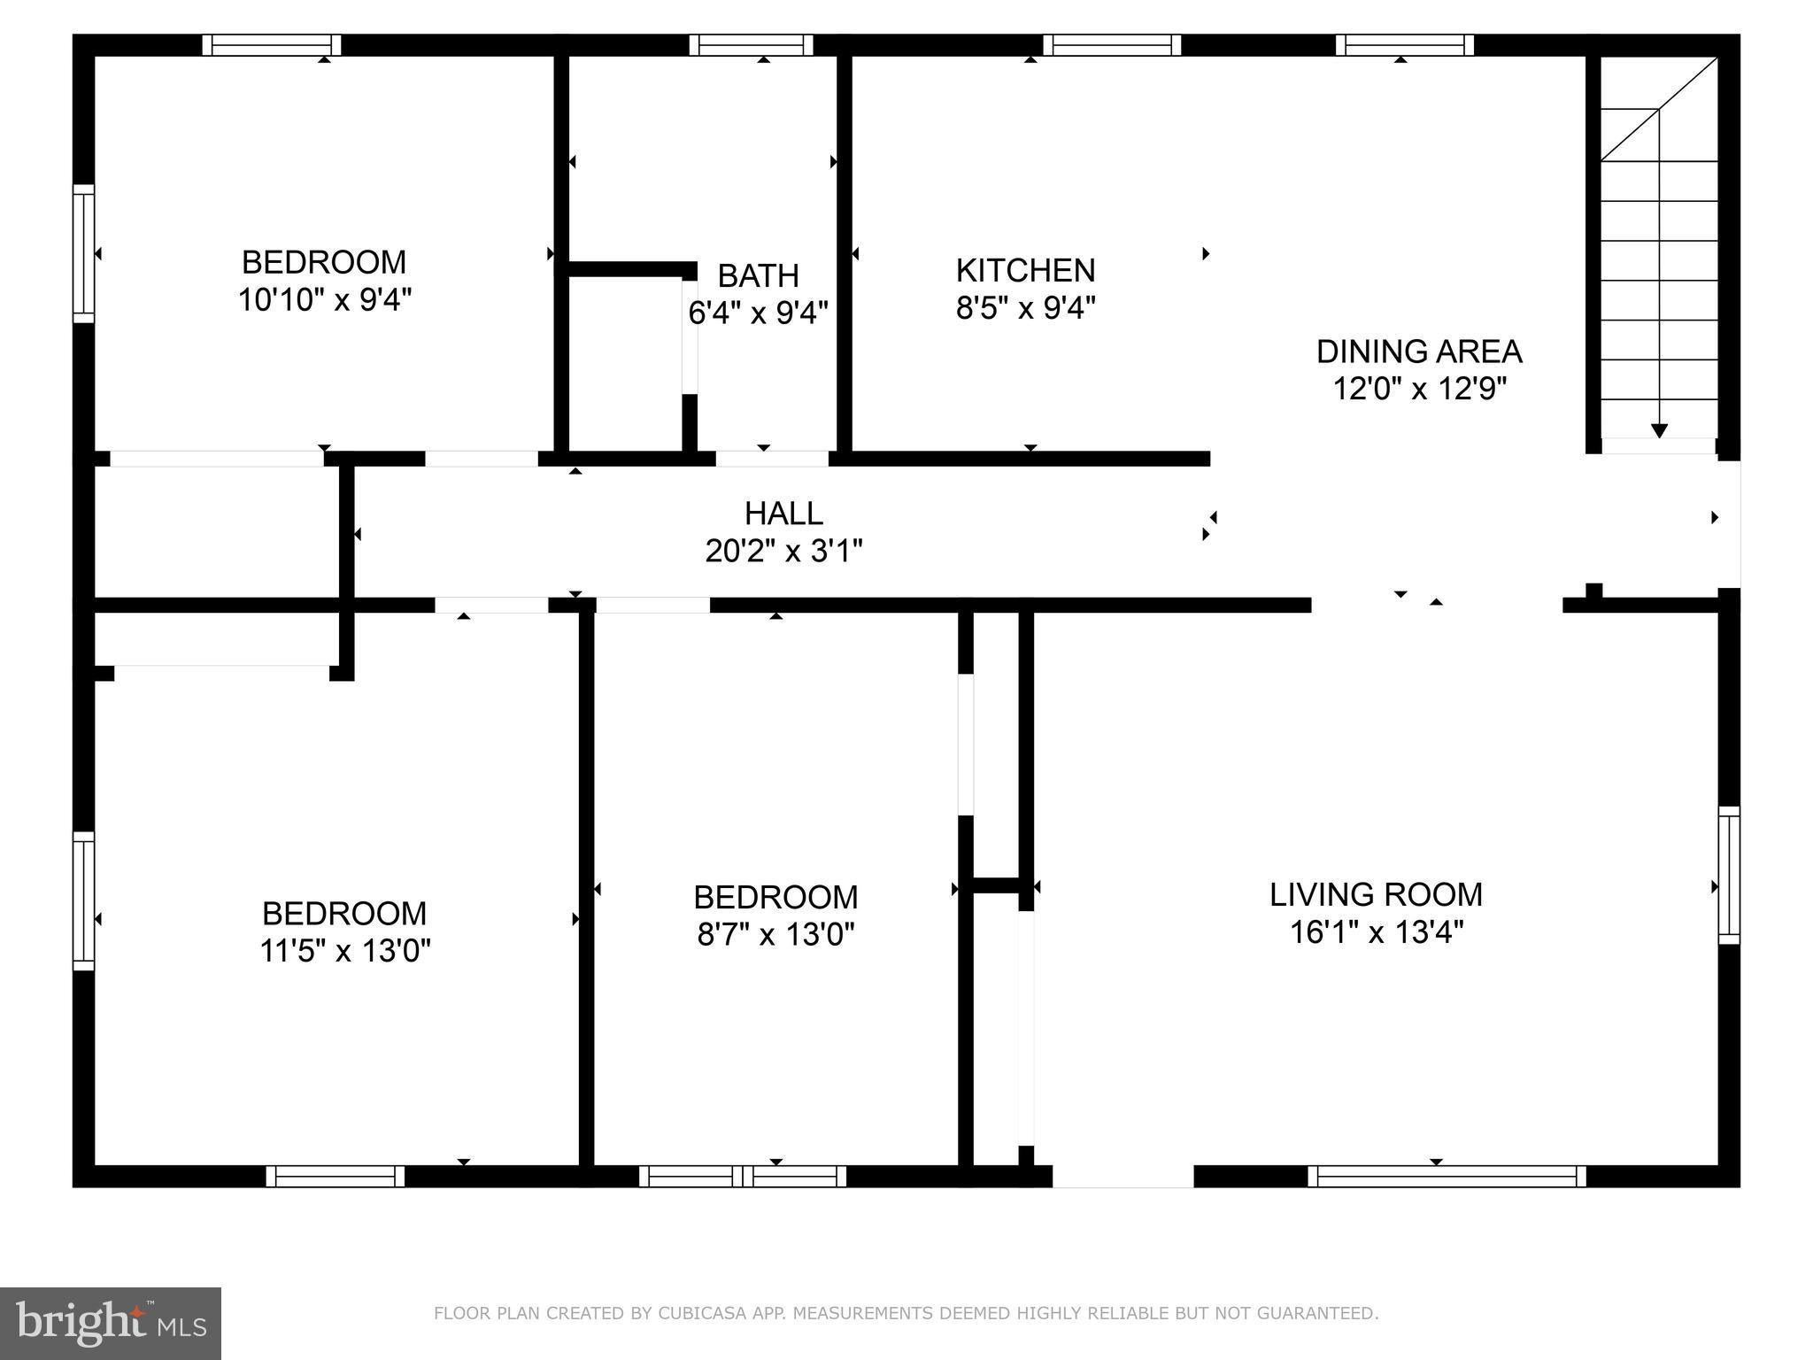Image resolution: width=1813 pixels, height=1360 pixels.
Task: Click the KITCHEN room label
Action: (1025, 270)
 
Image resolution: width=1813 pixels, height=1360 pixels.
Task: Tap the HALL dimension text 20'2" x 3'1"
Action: (783, 552)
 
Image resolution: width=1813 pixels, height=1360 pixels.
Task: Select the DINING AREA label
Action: (1418, 352)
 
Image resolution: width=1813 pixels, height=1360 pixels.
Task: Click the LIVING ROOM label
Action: (1376, 894)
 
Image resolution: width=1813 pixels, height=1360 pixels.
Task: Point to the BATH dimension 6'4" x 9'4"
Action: (758, 313)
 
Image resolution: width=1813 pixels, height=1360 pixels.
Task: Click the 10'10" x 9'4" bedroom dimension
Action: (325, 300)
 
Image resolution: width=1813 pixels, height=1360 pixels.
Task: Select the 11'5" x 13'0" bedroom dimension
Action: (344, 951)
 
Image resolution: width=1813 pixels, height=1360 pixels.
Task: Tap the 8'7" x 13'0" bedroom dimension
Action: (775, 935)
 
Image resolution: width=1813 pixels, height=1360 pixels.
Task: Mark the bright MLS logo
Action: (110, 1323)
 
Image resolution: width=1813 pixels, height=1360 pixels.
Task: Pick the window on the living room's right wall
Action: (1728, 875)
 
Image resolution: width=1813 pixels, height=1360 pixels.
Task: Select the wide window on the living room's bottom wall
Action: (1447, 1176)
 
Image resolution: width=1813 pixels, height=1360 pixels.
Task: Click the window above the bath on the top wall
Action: (751, 45)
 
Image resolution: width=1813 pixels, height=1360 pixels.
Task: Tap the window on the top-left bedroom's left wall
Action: (83, 253)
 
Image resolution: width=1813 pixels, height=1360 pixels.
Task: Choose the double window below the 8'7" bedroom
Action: (742, 1176)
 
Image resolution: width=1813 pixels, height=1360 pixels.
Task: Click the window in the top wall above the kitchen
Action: (1111, 45)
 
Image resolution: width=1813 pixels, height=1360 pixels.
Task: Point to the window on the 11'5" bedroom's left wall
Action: (83, 900)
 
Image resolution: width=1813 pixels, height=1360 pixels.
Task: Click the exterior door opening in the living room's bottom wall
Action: (1123, 1176)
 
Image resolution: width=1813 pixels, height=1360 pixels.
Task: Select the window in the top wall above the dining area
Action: (1404, 45)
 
